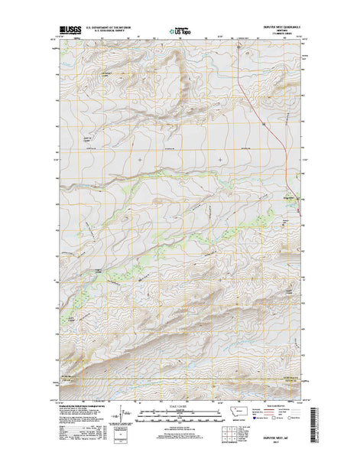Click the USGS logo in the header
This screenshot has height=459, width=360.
[x=68, y=32]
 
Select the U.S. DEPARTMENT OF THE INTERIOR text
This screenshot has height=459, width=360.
[x=109, y=28]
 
